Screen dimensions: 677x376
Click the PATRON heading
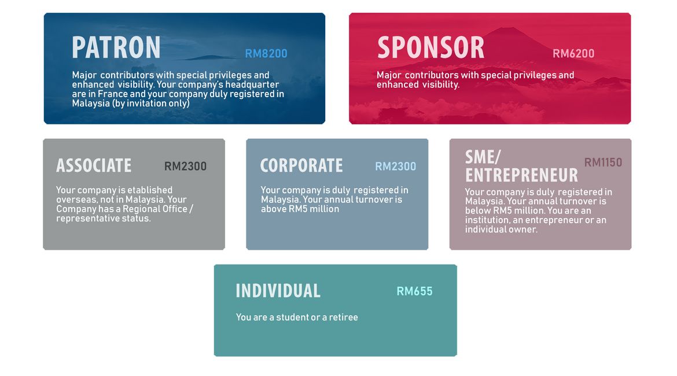point(116,47)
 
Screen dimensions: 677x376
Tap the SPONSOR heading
point(431,47)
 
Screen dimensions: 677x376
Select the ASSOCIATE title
point(94,166)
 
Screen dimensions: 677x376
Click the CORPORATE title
point(301,166)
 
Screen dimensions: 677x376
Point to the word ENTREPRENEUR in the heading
point(521,175)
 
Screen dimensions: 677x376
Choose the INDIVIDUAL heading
point(278,291)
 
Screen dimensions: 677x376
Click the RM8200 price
point(266,54)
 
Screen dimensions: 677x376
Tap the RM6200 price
point(573,54)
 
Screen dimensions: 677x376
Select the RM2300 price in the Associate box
point(185,166)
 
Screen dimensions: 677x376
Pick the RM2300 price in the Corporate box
point(395,166)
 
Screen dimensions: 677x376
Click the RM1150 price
point(603,163)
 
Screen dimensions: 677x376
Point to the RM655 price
point(414,292)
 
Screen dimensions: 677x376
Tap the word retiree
point(343,318)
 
